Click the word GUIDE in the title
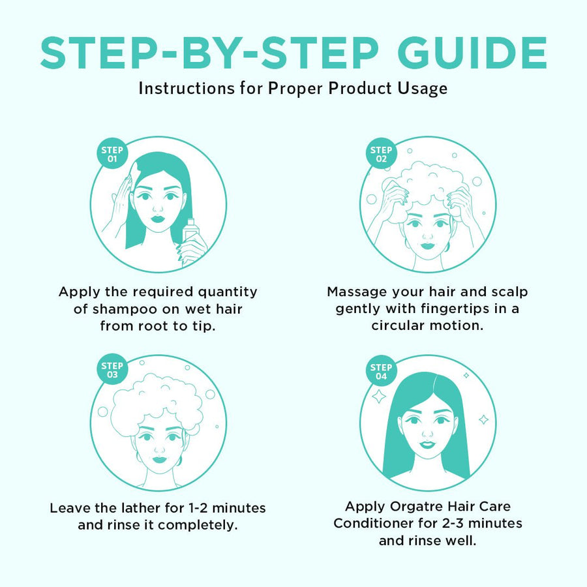(472, 53)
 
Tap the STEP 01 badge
(112, 154)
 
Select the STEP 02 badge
(381, 154)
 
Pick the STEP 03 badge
(112, 370)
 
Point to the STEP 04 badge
(381, 371)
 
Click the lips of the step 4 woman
(427, 444)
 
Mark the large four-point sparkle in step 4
(379, 397)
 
